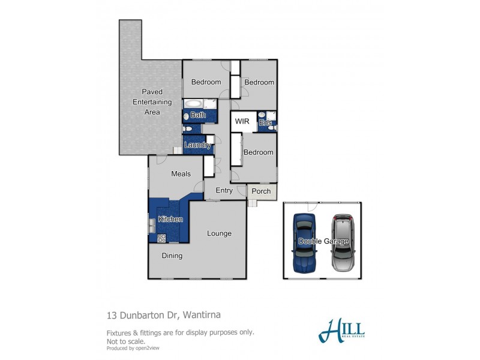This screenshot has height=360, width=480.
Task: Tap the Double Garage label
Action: [x=323, y=241]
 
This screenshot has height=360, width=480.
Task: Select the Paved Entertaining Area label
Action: [x=152, y=102]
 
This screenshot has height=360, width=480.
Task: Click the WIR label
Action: [x=242, y=121]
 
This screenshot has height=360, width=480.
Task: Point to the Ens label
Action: [x=265, y=123]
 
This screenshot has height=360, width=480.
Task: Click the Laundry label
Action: [x=197, y=145]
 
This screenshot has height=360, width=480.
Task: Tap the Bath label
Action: [x=198, y=115]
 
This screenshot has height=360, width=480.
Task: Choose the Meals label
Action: [x=181, y=174]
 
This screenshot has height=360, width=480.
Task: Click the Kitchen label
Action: [x=170, y=219]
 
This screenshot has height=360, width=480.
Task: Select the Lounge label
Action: [x=219, y=233]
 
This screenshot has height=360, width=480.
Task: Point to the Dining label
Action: [x=172, y=256]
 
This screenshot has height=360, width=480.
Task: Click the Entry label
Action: [x=224, y=191]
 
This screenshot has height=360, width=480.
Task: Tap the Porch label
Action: [x=261, y=191]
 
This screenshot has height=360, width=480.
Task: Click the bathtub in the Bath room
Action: [x=194, y=104]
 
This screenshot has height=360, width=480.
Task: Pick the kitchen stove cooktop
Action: [x=161, y=238]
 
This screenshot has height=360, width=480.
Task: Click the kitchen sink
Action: [x=151, y=226]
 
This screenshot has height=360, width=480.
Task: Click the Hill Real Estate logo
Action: [x=342, y=329]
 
